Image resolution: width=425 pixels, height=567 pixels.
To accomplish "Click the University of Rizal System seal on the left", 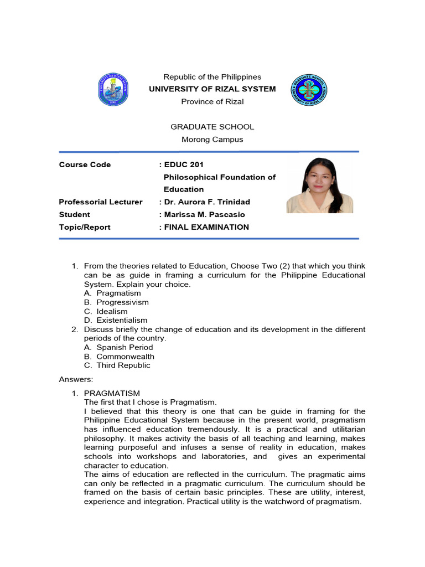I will (113, 89).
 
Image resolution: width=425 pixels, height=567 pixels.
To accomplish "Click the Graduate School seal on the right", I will (309, 89).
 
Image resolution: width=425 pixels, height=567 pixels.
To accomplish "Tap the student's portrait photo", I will (319, 185).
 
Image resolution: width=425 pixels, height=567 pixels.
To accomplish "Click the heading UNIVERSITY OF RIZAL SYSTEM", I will (212, 89).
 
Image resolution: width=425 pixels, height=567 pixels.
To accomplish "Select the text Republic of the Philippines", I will (212, 77).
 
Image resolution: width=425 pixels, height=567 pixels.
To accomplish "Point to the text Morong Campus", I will (212, 140).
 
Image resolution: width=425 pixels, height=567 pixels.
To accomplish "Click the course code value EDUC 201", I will (184, 164).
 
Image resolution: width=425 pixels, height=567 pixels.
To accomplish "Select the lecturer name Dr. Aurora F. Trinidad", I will (204, 202).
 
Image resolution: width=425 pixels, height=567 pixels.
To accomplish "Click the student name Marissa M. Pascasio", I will (204, 214).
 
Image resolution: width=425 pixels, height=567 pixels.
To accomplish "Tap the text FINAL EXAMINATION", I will (206, 227).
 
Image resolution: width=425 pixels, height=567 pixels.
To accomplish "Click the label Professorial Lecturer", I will (101, 202).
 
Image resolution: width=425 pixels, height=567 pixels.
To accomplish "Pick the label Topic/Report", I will (85, 227).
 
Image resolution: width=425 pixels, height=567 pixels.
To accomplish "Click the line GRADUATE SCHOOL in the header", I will (212, 127).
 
